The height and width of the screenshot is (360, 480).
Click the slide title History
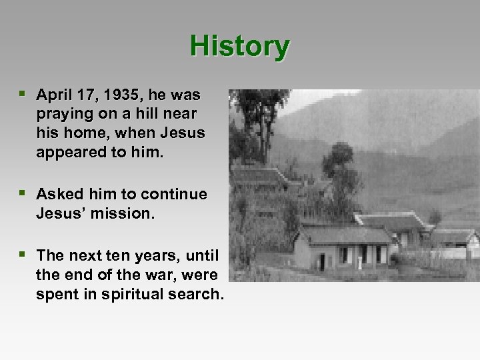coord(239,47)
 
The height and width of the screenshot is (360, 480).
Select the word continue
coord(175,195)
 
